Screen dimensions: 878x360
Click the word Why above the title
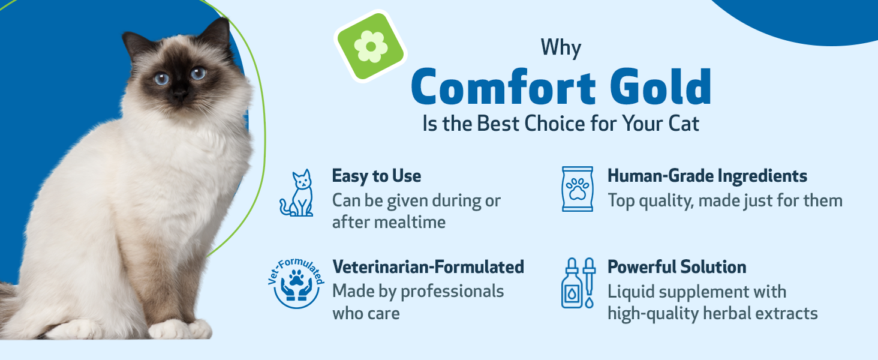[x=561, y=48]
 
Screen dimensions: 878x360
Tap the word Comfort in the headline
[x=503, y=86]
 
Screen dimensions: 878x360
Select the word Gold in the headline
[x=661, y=86]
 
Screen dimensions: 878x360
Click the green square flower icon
[x=371, y=46]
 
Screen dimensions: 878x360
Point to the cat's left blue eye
[x=161, y=79]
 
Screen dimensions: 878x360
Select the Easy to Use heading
[x=376, y=176]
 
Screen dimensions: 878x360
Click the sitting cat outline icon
[x=297, y=193]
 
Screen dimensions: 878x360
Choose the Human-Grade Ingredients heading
[x=707, y=176]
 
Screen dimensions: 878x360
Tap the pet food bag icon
[x=578, y=189]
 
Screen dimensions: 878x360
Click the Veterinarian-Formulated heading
[x=428, y=267]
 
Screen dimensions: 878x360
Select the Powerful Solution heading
[x=677, y=267]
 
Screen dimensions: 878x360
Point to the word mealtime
[x=410, y=223]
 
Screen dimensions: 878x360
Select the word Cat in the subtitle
[x=684, y=124]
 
